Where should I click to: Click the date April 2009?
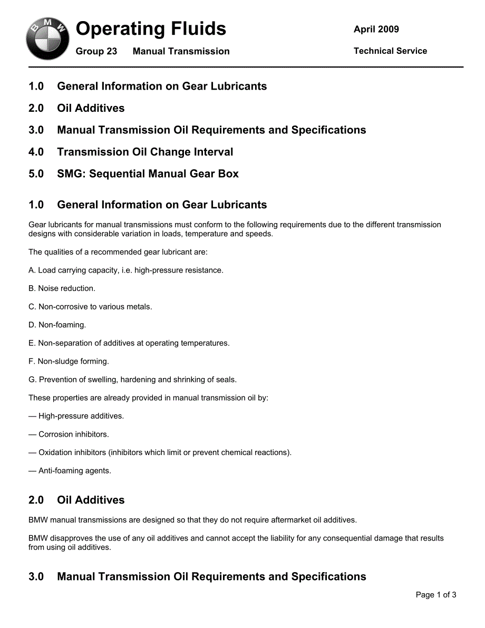376,30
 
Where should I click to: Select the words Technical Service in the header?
390,51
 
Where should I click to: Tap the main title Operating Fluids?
151,29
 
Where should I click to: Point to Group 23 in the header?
96,52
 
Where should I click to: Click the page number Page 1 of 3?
436,595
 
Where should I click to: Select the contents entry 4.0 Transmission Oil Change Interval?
145,152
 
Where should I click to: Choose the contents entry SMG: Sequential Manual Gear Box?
148,174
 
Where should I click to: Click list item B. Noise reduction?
62,288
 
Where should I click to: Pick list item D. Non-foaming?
57,325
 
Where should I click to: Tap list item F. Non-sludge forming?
69,361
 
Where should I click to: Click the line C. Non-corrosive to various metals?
90,307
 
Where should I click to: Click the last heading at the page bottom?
197,577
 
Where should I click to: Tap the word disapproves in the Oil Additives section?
73,538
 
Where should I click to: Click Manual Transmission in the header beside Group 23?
181,52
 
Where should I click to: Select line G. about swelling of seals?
132,380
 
